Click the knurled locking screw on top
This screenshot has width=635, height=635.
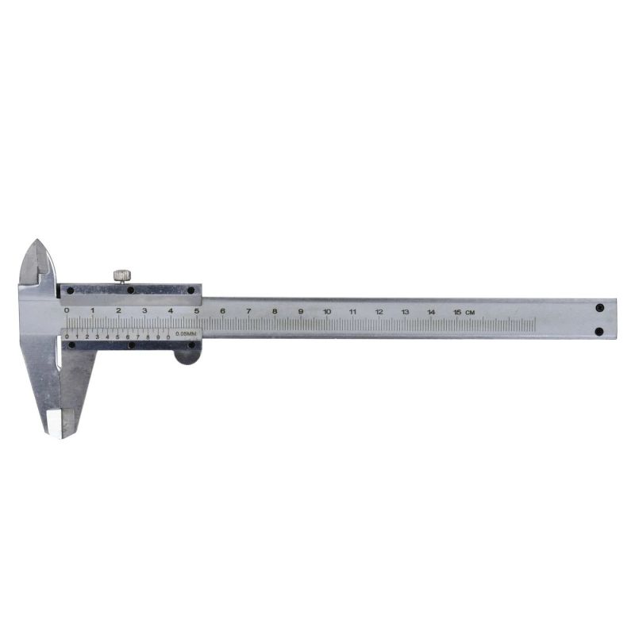pos(121,275)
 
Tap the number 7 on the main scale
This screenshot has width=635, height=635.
pos(248,311)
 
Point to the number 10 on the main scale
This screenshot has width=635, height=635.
pos(326,311)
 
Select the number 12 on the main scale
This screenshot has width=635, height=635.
pos(379,311)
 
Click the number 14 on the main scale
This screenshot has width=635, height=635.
pos(431,311)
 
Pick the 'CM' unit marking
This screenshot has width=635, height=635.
pos(471,311)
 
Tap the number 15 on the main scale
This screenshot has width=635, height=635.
pos(457,311)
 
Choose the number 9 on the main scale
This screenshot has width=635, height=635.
pos(301,311)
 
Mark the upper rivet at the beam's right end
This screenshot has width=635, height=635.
pos(599,306)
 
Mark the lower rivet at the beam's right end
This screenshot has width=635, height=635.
pos(599,331)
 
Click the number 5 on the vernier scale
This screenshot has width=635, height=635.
pos(117,337)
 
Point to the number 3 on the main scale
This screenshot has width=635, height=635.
pos(144,310)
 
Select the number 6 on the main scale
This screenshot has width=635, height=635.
pos(222,311)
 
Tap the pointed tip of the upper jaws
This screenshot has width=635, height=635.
pos(37,241)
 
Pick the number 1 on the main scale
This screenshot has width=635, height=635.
pos(93,310)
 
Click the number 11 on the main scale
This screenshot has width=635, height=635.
pos(352,311)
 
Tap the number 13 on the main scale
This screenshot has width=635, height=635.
pos(405,311)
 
